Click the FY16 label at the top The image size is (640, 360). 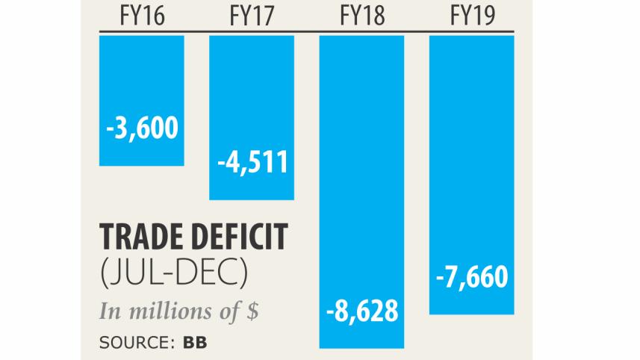pos(141,16)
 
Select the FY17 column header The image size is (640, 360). pos(251,16)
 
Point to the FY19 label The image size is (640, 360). pos(471,16)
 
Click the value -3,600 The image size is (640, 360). pos(141,128)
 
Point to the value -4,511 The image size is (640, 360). pos(251,162)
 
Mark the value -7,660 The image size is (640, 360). pos(471,279)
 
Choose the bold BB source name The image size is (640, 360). pos(192,344)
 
